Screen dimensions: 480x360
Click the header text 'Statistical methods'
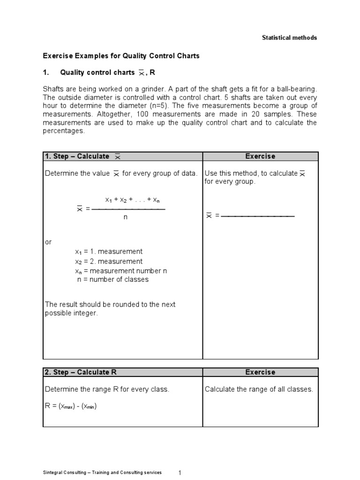click(289, 37)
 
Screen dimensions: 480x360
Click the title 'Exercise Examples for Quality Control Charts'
click(121, 56)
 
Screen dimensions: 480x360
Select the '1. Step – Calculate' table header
click(77, 156)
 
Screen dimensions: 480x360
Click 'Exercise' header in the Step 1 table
click(260, 156)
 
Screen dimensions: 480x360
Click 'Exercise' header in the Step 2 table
click(260, 372)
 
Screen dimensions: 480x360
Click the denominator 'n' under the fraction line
click(126, 217)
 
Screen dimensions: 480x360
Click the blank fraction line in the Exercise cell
click(257, 216)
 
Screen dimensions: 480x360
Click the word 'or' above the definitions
click(48, 242)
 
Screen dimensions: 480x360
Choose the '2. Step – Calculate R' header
click(80, 372)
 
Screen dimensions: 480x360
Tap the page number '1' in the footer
click(180, 473)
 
